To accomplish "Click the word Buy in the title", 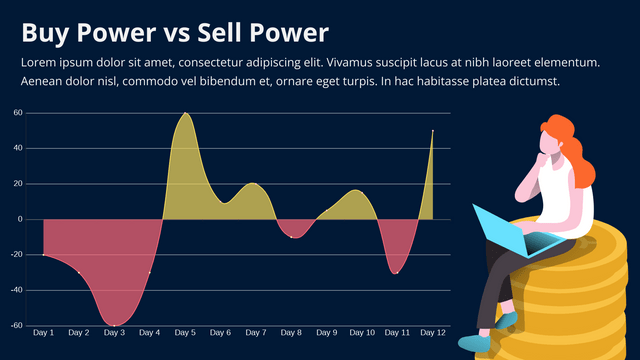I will tap(44, 33).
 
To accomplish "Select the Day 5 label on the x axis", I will tap(185, 332).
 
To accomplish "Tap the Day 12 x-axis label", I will tap(432, 332).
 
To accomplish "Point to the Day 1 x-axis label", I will tap(44, 332).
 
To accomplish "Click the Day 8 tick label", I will tap(291, 332).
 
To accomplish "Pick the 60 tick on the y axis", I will tap(18, 113).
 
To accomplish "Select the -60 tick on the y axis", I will tap(16, 325).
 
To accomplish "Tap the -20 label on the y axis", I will tap(16, 254).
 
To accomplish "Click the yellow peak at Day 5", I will tap(185, 114).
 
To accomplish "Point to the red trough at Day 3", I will tap(115, 324).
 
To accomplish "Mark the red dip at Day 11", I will tap(397, 272).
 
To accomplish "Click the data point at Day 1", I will tap(44, 255).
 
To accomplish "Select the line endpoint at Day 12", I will tap(433, 130).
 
